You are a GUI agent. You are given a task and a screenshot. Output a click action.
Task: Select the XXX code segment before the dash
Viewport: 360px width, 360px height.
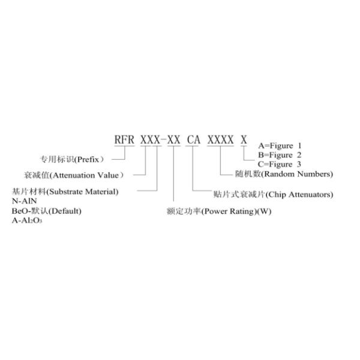(x=150, y=140)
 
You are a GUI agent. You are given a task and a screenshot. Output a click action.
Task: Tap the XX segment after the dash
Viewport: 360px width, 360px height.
(x=173, y=140)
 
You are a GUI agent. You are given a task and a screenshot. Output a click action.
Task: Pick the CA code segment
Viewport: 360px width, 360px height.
(x=193, y=140)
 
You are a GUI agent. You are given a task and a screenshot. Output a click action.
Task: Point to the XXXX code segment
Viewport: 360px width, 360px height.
(x=220, y=140)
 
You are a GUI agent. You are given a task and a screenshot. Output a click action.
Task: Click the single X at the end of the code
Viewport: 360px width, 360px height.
(x=244, y=140)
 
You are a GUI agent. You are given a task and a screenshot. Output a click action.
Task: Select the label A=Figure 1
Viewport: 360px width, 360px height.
(x=280, y=146)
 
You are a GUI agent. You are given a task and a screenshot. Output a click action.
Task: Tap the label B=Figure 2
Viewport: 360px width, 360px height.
(x=280, y=155)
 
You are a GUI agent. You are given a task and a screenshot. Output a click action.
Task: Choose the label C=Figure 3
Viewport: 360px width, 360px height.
(x=280, y=164)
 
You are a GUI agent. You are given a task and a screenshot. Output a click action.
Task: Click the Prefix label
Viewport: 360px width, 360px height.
(x=72, y=160)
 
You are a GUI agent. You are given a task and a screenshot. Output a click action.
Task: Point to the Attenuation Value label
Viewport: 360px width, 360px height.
(x=73, y=175)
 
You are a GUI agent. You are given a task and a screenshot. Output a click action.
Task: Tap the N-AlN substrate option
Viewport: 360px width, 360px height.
(x=22, y=201)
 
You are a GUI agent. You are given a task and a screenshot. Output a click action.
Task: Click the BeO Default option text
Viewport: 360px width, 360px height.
(x=46, y=211)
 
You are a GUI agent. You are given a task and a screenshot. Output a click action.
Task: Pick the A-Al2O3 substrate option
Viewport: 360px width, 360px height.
(x=28, y=221)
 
